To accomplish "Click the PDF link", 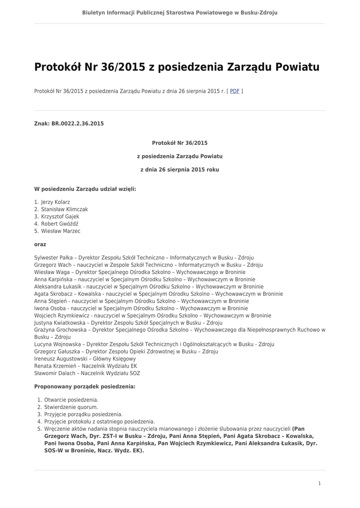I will [x=234, y=91].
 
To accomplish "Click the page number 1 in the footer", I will [x=319, y=483].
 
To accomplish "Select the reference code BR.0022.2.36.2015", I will [x=77, y=123].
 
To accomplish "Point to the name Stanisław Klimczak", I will [x=64, y=209].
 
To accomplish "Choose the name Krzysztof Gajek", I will [x=60, y=217].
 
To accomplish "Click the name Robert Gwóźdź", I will [x=60, y=224].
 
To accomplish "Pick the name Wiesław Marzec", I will [x=61, y=231].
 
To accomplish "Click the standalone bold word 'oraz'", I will [x=40, y=245].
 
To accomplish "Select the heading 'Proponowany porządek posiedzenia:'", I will [x=84, y=386].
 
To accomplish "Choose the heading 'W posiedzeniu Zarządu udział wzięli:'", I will [x=85, y=189].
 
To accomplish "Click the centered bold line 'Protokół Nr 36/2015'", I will [x=180, y=143].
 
